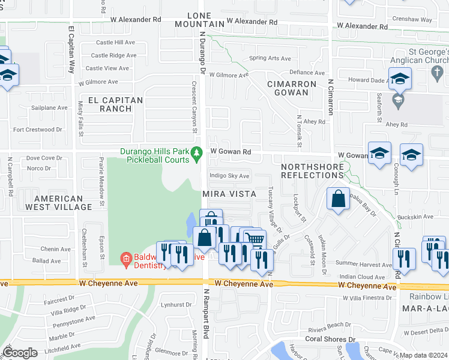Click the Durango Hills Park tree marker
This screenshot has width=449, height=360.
tap(196, 155)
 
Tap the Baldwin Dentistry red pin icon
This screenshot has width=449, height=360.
tap(126, 259)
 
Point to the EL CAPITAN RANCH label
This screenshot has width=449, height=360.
tap(116, 104)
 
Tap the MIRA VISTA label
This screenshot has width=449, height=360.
tap(229, 194)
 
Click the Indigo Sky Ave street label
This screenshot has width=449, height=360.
tap(229, 176)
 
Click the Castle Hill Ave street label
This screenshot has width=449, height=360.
tap(116, 43)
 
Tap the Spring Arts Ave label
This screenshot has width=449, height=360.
tap(270, 59)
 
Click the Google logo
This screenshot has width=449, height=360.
tap(20, 353)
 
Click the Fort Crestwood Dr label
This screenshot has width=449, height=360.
tap(38, 129)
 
